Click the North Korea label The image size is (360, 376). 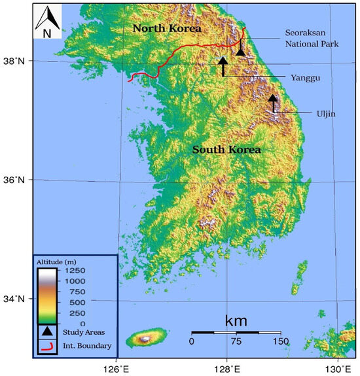click(x=166, y=29)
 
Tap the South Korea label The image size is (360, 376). click(x=226, y=150)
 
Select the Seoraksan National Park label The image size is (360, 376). click(x=309, y=39)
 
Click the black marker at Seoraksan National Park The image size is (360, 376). click(x=241, y=50)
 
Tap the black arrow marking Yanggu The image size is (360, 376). click(x=223, y=65)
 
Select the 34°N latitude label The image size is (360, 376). click(x=14, y=299)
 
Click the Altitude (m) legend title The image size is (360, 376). click(x=60, y=262)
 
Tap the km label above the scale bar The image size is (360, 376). click(x=236, y=320)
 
